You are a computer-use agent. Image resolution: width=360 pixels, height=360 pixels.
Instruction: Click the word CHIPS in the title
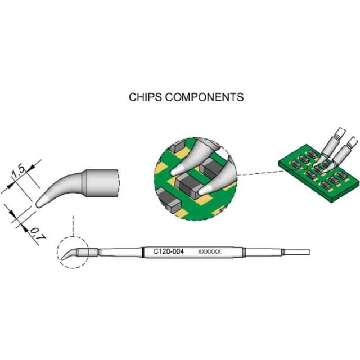coord(145,97)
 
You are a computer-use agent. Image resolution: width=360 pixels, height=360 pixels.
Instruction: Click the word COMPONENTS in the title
coord(204,97)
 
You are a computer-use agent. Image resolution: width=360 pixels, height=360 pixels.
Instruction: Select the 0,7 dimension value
coord(38,234)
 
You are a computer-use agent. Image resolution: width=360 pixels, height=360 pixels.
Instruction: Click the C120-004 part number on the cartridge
coord(169,251)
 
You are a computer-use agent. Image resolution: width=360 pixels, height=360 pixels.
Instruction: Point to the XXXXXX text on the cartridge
coord(209,251)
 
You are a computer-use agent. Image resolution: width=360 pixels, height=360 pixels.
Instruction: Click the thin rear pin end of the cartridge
coord(297,252)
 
